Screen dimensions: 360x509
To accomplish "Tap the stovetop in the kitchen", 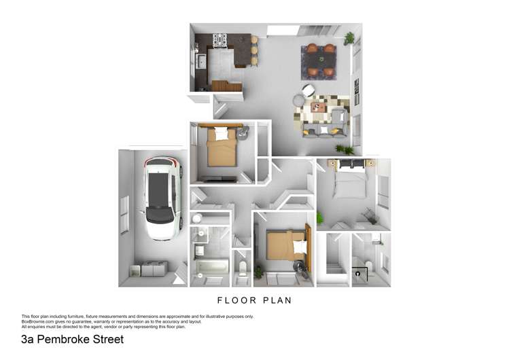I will tap(221, 41).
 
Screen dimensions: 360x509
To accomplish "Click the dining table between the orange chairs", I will tap(320, 60).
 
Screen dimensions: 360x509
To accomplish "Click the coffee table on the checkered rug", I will tap(318, 107).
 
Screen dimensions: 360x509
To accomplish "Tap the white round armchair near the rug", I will tap(309, 90).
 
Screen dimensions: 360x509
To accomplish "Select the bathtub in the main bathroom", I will tap(211, 266).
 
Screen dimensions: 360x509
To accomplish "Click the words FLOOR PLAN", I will tap(254, 300).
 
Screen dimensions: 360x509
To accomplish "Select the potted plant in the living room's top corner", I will tap(349, 37).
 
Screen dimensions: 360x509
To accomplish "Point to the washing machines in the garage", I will tap(149, 269).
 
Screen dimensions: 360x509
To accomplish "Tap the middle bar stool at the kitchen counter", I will tap(254, 50).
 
